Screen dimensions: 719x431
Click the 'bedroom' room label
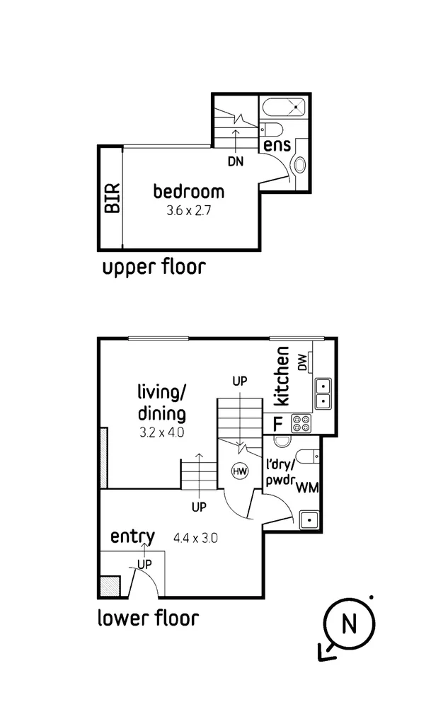tap(189, 191)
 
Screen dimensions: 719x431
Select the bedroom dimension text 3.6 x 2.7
tap(189, 210)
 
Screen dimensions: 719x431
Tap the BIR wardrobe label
tap(112, 199)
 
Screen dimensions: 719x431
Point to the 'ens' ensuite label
tap(277, 145)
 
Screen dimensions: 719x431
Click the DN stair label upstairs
tap(236, 161)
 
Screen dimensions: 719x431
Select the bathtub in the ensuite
tap(285, 109)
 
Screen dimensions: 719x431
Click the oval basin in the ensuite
tap(300, 165)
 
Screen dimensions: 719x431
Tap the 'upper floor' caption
tap(154, 268)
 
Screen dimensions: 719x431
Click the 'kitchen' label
tap(282, 376)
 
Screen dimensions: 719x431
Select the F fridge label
tap(277, 424)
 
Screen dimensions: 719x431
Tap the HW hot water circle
tap(239, 471)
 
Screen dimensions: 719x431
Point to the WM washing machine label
tap(306, 487)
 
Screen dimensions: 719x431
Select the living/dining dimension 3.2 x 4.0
tap(161, 432)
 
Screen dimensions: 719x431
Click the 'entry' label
tap(132, 537)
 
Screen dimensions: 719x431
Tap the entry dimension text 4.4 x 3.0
tap(195, 538)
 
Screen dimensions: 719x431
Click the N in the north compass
tap(348, 624)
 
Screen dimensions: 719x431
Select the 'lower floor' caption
tap(148, 618)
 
